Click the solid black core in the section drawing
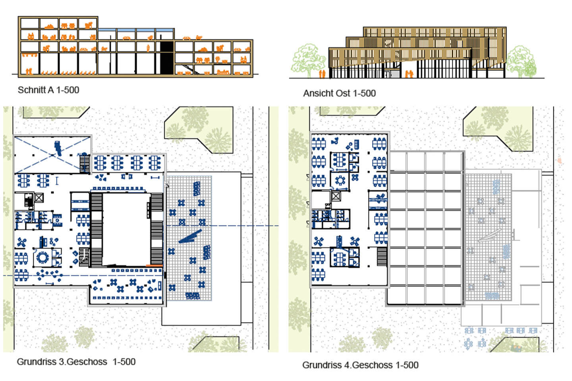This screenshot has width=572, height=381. (166, 58)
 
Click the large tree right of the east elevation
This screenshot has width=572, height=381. (521, 61)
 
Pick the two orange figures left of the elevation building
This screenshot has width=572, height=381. (323, 74)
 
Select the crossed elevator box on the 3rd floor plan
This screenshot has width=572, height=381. (39, 198)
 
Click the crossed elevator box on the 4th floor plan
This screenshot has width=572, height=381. (336, 196)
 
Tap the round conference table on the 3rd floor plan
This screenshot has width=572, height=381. (43, 257)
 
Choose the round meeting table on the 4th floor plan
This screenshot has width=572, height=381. (340, 181)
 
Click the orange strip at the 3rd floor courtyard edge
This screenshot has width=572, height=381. (154, 266)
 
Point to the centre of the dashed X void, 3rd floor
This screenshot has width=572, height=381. (52, 155)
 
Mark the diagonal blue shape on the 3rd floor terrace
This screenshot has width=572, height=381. (190, 237)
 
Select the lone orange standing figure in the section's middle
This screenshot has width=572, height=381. (148, 48)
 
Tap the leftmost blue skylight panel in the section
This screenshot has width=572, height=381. (107, 30)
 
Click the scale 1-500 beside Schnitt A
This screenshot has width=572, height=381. (68, 90)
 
